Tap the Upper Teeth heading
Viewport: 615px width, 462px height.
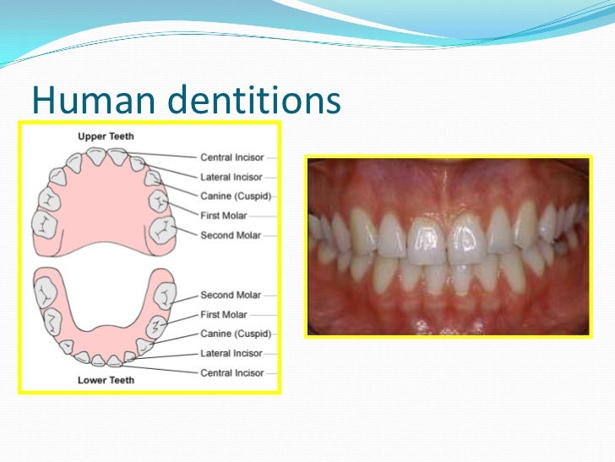(106, 136)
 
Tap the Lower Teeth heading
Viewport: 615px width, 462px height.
(106, 380)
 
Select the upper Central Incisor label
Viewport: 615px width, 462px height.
(231, 157)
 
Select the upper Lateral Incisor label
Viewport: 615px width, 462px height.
(231, 178)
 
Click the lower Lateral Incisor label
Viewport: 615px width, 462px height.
(231, 353)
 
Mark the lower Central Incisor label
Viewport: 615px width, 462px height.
(231, 372)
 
